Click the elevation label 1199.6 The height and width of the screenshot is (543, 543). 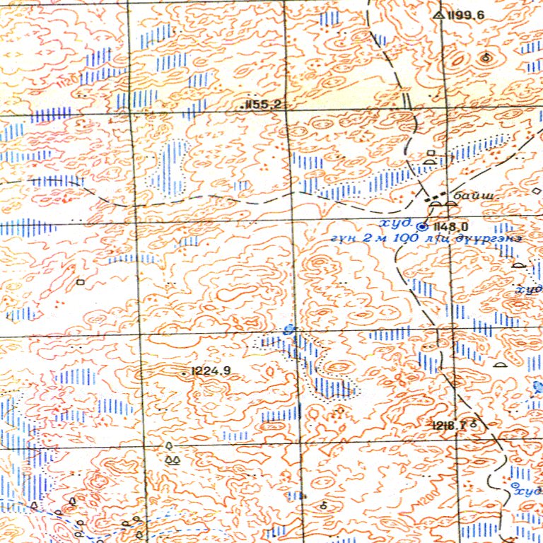467,15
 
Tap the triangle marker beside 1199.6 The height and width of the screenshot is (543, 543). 439,14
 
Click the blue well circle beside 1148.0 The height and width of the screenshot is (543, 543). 423,227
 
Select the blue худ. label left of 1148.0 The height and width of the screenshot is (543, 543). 396,223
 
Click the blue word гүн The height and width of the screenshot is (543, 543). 341,240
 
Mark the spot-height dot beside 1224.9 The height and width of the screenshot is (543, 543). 185,372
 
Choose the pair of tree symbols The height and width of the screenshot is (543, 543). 172,460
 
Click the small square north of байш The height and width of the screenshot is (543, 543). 432,153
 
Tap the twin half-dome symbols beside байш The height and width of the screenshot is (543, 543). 443,205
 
